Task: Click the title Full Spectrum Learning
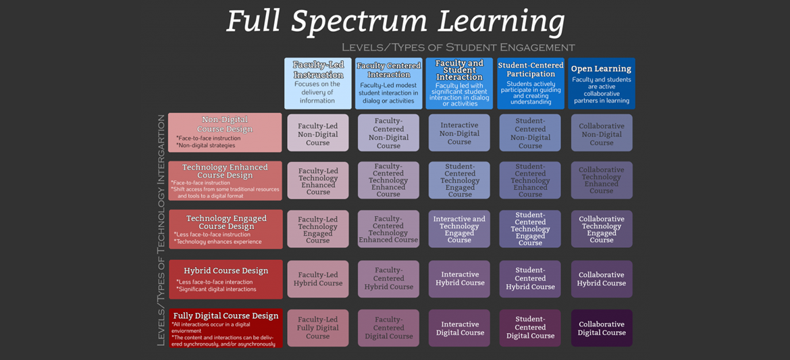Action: pos(395,22)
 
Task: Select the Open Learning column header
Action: pos(601,83)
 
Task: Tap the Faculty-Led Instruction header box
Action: pos(318,83)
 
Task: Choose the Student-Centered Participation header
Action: pos(531,83)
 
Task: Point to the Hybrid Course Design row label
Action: pos(226,279)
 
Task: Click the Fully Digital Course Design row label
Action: pos(226,328)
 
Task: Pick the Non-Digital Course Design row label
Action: pos(225,132)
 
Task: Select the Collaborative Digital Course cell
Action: pos(602,328)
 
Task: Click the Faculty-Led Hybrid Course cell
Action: pos(318,279)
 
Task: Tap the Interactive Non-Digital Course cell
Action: pos(459,133)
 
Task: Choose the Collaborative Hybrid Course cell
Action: pos(602,279)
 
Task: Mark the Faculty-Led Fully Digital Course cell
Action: pos(318,328)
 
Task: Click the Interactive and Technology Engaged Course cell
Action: pos(459,229)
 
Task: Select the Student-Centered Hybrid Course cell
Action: pos(530,279)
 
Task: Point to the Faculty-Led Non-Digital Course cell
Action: pos(318,133)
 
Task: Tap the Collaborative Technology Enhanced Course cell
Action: pos(602,180)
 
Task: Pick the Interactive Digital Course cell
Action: pos(459,328)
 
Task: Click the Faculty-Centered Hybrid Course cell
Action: pos(389,279)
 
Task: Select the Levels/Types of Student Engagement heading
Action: pos(458,47)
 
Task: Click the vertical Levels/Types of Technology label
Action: pos(161,230)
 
